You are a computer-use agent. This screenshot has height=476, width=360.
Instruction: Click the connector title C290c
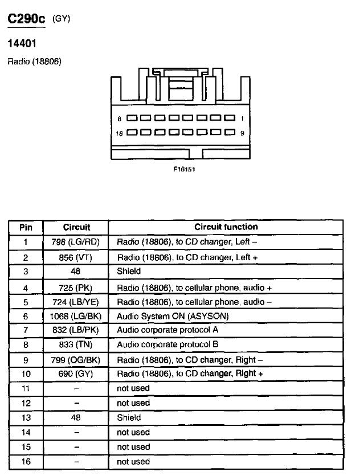click(26, 19)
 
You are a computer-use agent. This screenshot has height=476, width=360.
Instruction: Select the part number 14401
click(22, 43)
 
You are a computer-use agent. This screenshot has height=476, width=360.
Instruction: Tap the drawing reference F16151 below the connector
click(184, 169)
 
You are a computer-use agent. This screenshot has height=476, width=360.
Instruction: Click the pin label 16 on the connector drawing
click(119, 133)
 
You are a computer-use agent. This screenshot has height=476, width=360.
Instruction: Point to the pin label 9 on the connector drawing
click(242, 133)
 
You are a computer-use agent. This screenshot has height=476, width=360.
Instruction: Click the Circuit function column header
click(226, 227)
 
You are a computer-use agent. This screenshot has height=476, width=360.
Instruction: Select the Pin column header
click(26, 227)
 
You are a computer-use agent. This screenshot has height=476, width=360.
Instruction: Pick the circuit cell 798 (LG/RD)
click(76, 242)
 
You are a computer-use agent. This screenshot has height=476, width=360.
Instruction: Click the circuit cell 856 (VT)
click(75, 257)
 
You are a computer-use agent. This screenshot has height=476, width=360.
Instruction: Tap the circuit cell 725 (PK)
click(75, 288)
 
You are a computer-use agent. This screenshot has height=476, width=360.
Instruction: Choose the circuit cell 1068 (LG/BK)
click(76, 317)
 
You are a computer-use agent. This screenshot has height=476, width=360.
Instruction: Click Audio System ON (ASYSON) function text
click(173, 317)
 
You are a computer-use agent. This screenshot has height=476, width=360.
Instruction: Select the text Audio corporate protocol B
click(167, 344)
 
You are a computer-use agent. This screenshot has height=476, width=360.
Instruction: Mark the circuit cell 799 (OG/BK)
click(76, 360)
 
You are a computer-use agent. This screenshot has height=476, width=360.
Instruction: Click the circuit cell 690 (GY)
click(76, 374)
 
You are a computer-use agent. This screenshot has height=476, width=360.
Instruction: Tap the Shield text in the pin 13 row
click(129, 418)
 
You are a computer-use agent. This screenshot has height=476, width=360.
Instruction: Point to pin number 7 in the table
click(26, 330)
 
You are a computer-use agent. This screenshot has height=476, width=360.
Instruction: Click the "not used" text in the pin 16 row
click(133, 462)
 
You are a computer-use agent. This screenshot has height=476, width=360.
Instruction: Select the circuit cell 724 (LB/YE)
click(76, 302)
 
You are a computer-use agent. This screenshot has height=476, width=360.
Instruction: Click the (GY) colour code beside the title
click(62, 19)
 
